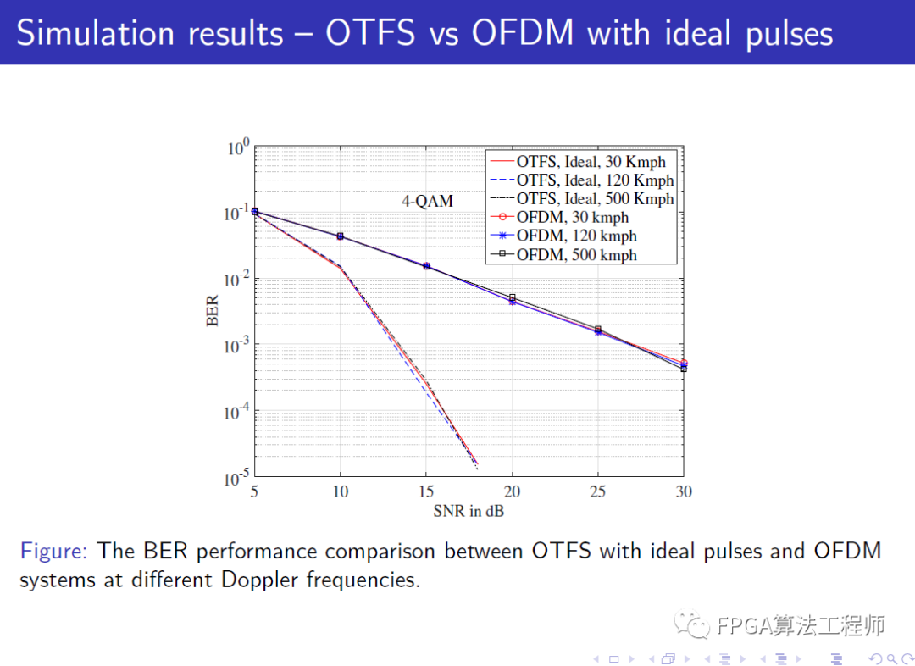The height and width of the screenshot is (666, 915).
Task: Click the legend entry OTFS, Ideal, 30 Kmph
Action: [591, 161]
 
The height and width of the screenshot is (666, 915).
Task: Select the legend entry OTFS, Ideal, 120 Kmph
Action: [595, 180]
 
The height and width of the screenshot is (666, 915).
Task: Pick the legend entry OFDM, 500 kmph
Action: [576, 254]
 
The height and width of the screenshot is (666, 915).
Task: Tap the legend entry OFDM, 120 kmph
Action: [576, 236]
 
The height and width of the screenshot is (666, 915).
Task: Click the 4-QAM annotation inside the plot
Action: [427, 202]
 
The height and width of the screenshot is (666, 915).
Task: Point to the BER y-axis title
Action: [213, 310]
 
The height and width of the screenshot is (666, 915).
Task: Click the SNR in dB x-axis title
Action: [469, 510]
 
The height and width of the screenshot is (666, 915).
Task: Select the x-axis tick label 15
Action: [426, 491]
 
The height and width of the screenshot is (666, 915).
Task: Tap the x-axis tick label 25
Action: [598, 491]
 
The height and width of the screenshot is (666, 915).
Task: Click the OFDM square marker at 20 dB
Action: [512, 297]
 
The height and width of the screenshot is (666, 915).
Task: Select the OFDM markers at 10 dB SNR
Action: [341, 236]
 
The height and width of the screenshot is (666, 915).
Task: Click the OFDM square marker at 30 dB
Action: [684, 369]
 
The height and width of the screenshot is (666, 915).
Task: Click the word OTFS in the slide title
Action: [370, 33]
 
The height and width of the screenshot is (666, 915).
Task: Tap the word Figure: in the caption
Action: [53, 552]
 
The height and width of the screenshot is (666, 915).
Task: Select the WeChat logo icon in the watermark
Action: [696, 625]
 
